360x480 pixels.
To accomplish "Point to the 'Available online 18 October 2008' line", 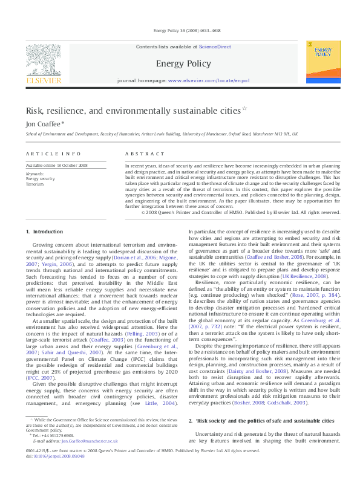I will [56, 165].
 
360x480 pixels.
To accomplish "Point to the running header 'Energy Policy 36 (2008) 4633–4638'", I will [186, 30].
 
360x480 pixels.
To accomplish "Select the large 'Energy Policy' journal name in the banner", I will [179, 63].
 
